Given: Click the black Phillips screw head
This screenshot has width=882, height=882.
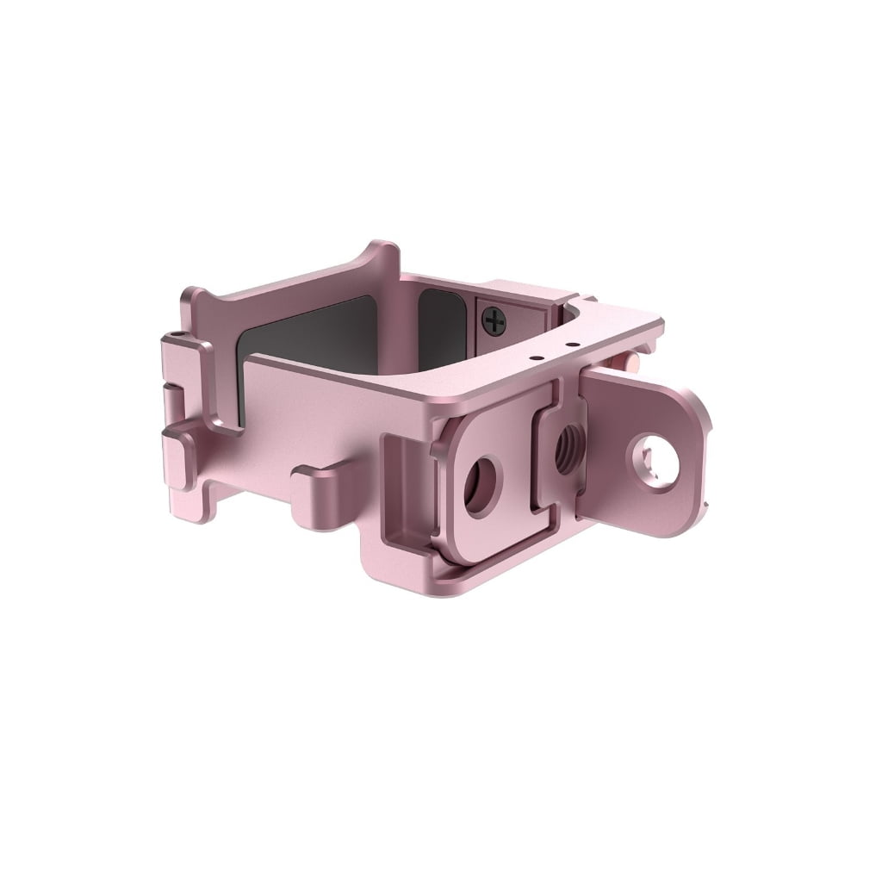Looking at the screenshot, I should pos(494,323).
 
